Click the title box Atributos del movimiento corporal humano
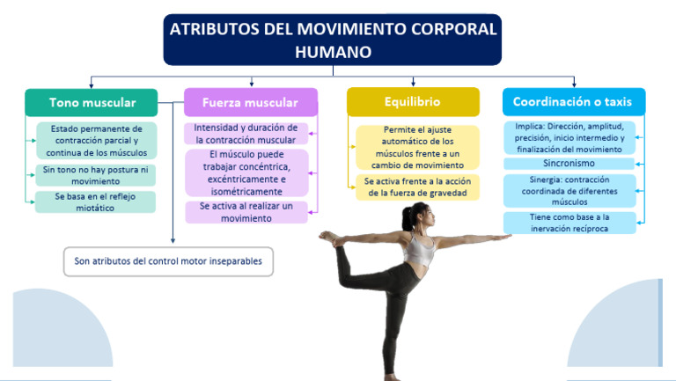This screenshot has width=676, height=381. click(333, 40)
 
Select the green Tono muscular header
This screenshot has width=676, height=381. click(92, 103)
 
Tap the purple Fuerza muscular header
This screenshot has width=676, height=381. click(250, 103)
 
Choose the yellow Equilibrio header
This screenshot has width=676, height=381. click(412, 102)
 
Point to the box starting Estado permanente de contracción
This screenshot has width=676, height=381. click(96, 141)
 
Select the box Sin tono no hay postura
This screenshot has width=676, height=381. click(96, 174)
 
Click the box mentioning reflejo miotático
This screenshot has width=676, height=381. click(96, 202)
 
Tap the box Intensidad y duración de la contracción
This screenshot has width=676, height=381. click(246, 134)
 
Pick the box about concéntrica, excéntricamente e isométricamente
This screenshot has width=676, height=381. click(246, 172)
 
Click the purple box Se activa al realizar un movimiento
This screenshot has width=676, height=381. click(246, 212)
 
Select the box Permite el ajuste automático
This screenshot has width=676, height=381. click(417, 147)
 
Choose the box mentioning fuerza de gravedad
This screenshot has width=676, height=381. click(417, 187)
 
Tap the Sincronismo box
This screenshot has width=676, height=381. click(569, 164)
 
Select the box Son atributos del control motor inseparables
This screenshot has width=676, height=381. click(168, 261)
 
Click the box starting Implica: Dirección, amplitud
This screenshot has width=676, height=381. click(569, 138)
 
